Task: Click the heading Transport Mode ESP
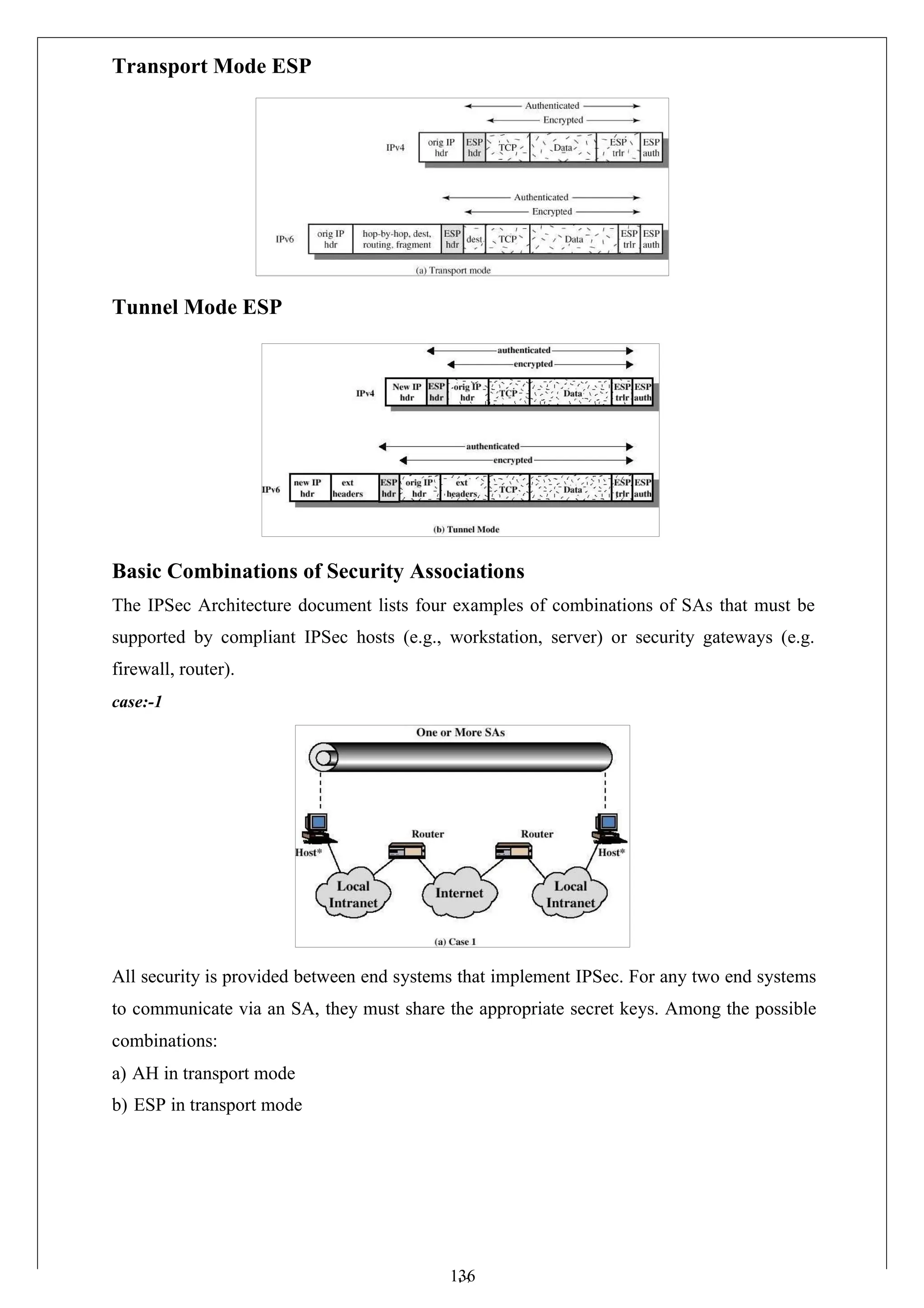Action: coord(212,66)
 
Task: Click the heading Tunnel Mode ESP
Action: coord(197,307)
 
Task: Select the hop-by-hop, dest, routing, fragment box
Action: coord(397,239)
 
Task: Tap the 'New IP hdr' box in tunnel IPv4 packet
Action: coord(406,392)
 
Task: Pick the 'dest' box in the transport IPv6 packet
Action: coord(474,239)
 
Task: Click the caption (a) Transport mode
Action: coord(453,271)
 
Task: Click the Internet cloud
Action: coord(459,893)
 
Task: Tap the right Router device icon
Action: coord(513,851)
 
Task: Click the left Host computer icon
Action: coord(319,828)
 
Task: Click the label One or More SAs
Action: coord(460,732)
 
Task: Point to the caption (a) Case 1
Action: coord(455,942)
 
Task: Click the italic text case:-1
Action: coord(137,702)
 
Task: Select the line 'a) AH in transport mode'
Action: coord(203,1073)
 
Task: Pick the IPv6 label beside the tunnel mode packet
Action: coord(271,489)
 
